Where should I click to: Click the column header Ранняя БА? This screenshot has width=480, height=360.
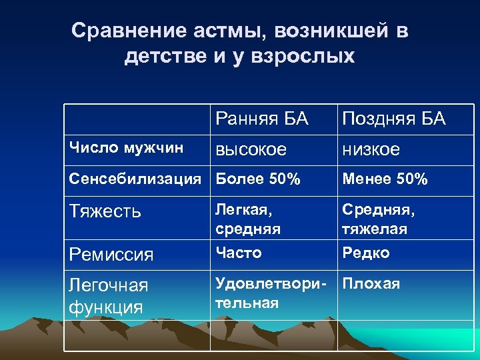pyautogui.click(x=261, y=120)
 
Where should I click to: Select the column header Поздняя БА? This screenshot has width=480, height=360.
pyautogui.click(x=393, y=120)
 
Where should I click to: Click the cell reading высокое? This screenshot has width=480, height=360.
pyautogui.click(x=250, y=150)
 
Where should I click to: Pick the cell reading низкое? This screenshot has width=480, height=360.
pyautogui.click(x=371, y=150)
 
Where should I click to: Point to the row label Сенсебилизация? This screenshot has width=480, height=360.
pyautogui.click(x=135, y=179)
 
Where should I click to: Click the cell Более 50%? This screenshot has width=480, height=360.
pyautogui.click(x=257, y=179)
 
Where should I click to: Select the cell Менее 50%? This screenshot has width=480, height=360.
pyautogui.click(x=385, y=179)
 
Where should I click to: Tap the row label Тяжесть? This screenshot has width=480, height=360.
pyautogui.click(x=105, y=211)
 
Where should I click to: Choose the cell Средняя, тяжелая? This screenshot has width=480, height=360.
pyautogui.click(x=378, y=219)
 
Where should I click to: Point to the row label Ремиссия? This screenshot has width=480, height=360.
pyautogui.click(x=111, y=255)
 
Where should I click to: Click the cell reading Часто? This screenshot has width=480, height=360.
pyautogui.click(x=238, y=253)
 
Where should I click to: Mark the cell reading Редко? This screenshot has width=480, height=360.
pyautogui.click(x=366, y=253)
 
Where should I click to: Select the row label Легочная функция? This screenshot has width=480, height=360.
pyautogui.click(x=109, y=296)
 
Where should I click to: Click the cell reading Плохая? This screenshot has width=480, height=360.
pyautogui.click(x=371, y=284)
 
